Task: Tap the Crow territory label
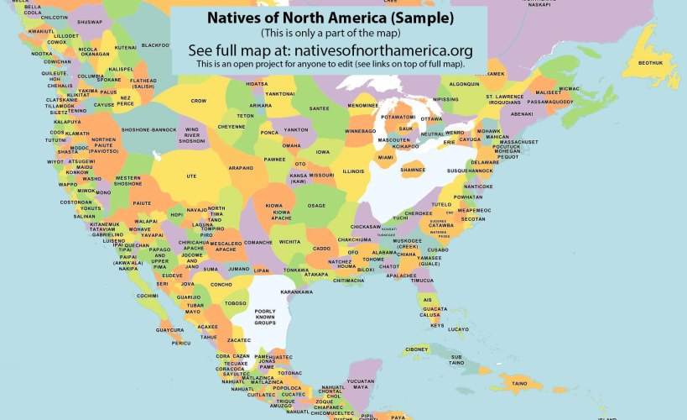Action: [199, 101]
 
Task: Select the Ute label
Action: [191, 176]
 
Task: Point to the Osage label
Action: [316, 206]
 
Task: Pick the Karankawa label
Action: [295, 291]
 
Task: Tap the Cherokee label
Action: [419, 213]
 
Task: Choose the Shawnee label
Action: [413, 170]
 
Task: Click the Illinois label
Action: [353, 171]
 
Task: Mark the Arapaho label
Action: [241, 167]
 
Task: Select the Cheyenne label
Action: [232, 127]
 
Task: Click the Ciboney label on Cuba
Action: [417, 349]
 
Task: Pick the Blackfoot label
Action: [156, 45]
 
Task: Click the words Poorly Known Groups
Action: [265, 317]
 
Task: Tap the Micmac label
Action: [570, 88]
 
